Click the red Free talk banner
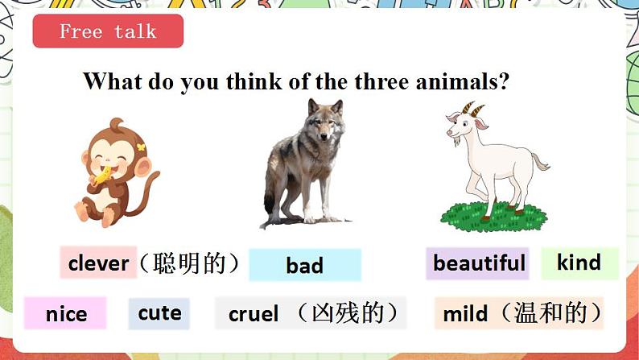(108, 31)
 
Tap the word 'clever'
(98, 263)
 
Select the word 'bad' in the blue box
(304, 266)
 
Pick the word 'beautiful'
(478, 263)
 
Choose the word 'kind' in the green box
(579, 263)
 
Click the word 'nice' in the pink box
(65, 314)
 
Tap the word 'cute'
(159, 312)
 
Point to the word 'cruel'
(254, 314)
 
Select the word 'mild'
(465, 313)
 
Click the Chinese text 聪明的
(189, 263)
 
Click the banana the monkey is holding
(102, 176)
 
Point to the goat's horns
(476, 110)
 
